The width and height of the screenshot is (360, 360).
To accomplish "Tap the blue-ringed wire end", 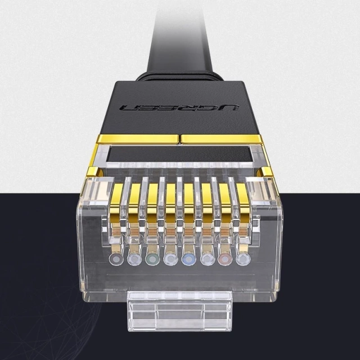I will click(x=188, y=259).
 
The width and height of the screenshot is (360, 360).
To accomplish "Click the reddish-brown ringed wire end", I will click(x=224, y=259).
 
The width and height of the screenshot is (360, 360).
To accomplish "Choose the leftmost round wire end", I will click(x=116, y=259).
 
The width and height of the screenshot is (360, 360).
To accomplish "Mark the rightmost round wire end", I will click(x=243, y=259).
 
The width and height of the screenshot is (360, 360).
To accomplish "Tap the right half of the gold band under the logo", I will click(x=223, y=138).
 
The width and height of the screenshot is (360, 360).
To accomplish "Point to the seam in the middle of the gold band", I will click(x=180, y=138).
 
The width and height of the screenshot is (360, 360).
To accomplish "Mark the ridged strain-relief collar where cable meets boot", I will click(x=180, y=74).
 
